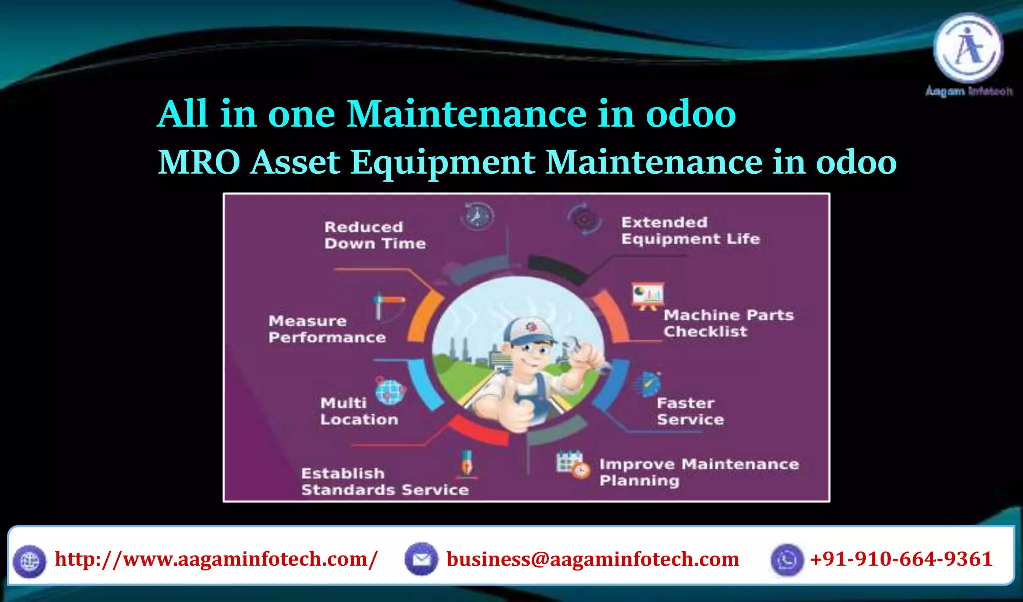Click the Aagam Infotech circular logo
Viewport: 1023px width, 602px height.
tap(968, 48)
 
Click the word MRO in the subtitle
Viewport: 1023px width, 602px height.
tap(199, 162)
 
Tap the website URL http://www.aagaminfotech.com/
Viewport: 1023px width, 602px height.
tap(216, 559)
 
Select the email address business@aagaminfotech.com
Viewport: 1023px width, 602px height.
tap(592, 559)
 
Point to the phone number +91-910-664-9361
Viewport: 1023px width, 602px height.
tap(901, 559)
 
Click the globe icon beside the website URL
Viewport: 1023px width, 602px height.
tap(29, 561)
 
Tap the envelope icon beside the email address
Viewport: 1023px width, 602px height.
tap(421, 559)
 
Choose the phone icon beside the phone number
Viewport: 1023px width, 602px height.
tap(787, 560)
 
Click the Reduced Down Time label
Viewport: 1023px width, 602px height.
tap(375, 235)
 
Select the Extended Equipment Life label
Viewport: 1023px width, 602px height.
tap(690, 231)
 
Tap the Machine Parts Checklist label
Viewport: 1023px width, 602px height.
tap(728, 323)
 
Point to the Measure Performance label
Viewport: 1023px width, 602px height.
tap(327, 329)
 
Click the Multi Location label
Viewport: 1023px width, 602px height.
tap(359, 411)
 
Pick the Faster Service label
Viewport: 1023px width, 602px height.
tap(690, 411)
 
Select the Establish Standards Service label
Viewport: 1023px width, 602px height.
tap(385, 482)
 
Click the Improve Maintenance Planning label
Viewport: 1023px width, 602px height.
tap(699, 472)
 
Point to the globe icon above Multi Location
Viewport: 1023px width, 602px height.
tap(390, 391)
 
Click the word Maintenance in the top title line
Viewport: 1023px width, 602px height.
tap(467, 114)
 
